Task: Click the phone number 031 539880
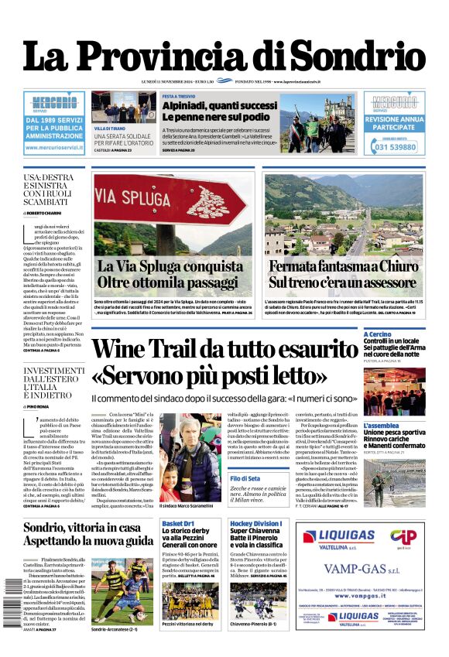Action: (394, 147)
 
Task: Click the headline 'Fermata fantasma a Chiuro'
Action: (353, 267)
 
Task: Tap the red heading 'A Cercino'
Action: (379, 334)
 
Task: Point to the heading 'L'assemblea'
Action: (382, 426)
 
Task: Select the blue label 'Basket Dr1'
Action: (177, 524)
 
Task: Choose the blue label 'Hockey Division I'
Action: (256, 524)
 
